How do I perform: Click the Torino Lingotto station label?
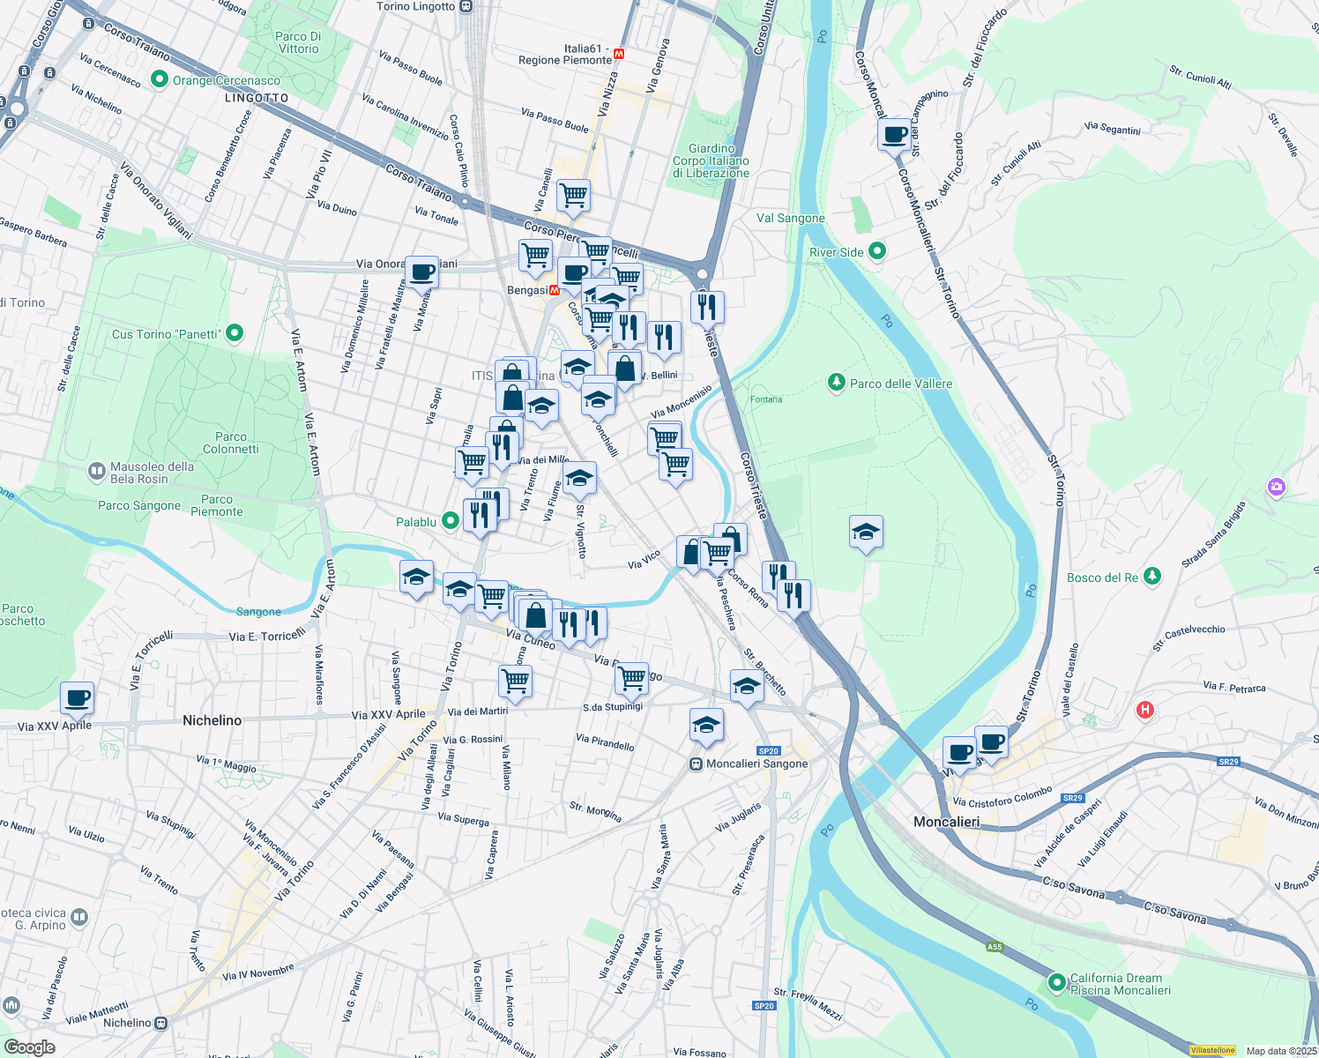(416, 6)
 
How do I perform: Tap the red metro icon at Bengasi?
(555, 290)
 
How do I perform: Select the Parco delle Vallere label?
(900, 384)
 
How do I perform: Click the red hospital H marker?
(1144, 710)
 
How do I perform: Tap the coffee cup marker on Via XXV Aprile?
(78, 699)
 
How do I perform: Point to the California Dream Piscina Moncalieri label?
(1120, 984)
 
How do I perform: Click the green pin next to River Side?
(876, 251)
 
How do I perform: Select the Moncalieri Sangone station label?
(756, 764)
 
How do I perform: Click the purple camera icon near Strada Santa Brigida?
(1276, 487)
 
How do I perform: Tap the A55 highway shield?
(995, 947)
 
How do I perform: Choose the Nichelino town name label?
(212, 720)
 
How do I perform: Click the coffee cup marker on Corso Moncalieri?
(894, 136)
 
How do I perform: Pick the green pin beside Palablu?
(451, 521)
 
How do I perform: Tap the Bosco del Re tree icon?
(1151, 577)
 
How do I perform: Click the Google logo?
(30, 1047)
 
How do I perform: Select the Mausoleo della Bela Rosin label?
(151, 473)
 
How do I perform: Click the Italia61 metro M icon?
(619, 53)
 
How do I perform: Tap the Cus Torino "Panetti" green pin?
(235, 333)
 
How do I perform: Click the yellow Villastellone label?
(1212, 1050)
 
